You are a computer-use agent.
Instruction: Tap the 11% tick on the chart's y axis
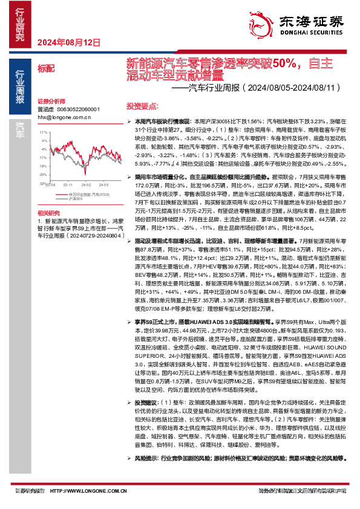[43, 131]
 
